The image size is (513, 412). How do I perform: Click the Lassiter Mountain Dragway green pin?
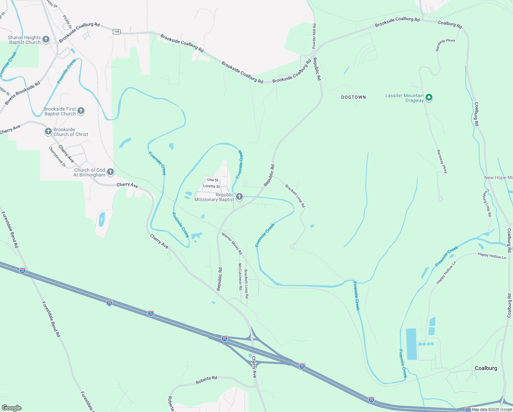[429, 98]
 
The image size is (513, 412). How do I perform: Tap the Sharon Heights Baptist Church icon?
[46, 40]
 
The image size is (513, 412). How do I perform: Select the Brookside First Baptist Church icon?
[81, 111]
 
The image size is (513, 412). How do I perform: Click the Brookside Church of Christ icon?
[48, 132]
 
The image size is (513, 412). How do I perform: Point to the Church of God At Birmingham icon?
[110, 172]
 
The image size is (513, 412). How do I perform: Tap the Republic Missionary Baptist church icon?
[239, 197]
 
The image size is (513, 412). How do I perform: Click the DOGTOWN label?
[353, 97]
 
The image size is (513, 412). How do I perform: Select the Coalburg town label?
[486, 368]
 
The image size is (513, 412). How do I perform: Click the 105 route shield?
[117, 32]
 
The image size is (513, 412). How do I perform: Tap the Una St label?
[213, 180]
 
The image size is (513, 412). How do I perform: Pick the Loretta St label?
[212, 186]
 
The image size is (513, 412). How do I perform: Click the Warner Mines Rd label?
[232, 243]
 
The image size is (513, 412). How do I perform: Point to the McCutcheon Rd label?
[240, 276]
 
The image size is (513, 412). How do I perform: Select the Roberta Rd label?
[206, 380]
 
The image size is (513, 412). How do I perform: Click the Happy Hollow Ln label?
[492, 256]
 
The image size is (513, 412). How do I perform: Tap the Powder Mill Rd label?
[314, 36]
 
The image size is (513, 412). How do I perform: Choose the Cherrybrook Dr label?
[57, 157]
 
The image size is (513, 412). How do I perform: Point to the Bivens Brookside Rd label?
[23, 93]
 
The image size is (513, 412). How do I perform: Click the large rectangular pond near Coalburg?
[411, 344]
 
